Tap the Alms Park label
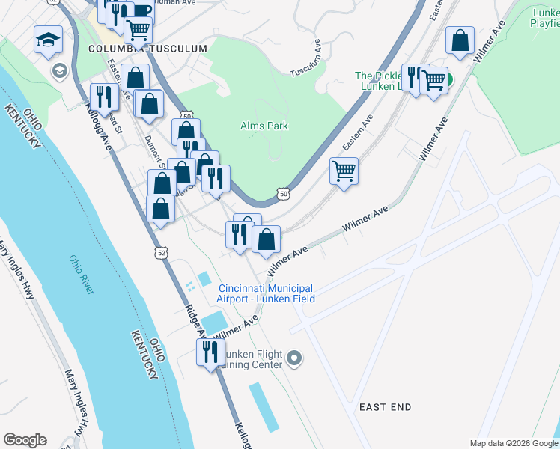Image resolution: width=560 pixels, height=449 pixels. tap(264, 126)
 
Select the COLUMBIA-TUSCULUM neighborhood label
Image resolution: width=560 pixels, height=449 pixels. tap(147, 49)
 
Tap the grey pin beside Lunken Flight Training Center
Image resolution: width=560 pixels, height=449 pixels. tap(294, 359)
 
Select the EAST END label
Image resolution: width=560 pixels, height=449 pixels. tap(385, 407)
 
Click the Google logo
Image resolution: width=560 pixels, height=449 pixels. tap(25, 440)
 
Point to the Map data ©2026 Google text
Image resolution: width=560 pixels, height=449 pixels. tap(514, 443)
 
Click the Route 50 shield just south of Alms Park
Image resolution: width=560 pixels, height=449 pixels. tap(283, 194)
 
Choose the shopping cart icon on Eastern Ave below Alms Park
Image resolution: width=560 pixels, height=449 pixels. tap(344, 172)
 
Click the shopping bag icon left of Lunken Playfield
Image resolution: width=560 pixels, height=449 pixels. tap(460, 41)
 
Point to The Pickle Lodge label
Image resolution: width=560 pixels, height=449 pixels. tap(378, 76)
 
